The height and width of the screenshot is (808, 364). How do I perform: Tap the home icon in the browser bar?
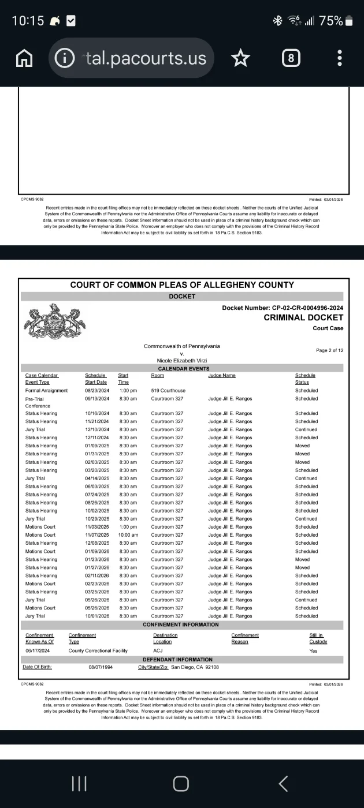[x=24, y=58]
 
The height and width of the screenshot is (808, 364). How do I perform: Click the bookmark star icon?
[x=240, y=58]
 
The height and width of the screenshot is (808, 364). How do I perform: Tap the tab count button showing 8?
[x=291, y=58]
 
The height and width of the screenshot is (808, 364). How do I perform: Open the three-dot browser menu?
[x=340, y=58]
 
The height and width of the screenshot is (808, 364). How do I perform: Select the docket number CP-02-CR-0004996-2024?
[x=307, y=308]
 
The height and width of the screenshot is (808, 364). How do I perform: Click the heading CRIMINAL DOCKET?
[x=303, y=317]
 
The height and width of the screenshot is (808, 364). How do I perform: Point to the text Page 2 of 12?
[x=330, y=350]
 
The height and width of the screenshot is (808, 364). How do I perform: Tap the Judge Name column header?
[x=222, y=376]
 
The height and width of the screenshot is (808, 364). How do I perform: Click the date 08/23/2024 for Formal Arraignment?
[x=96, y=391]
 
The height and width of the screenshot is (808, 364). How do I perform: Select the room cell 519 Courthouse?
[x=168, y=391]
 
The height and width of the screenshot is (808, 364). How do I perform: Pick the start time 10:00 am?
[x=128, y=535]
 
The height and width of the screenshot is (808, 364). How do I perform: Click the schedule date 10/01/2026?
[x=96, y=616]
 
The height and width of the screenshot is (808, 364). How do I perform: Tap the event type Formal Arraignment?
[x=46, y=391]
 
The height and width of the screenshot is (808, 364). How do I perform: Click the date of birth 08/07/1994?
[x=99, y=667]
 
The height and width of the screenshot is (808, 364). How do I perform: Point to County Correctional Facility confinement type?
[x=98, y=651]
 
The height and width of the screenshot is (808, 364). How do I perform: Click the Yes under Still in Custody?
[x=314, y=651]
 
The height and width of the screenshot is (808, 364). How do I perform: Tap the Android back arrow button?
[x=283, y=783]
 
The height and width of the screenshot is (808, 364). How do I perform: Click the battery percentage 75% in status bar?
[x=330, y=21]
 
